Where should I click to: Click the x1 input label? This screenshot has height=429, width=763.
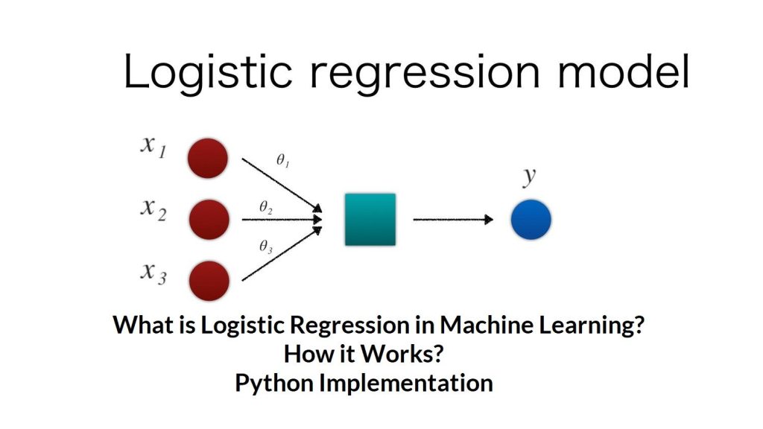coord(153,146)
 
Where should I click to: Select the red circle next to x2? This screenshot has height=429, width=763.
coord(209,220)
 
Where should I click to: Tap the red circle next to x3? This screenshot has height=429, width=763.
coord(209,281)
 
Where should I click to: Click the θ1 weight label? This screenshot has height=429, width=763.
coord(283,160)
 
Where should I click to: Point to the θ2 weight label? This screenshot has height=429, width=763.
coord(265,208)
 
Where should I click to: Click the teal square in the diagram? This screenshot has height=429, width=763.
coord(370,219)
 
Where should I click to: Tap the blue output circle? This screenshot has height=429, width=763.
coord(531,220)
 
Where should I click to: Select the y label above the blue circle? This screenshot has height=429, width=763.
coord(530,177)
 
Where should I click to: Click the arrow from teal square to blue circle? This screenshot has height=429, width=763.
coord(453,220)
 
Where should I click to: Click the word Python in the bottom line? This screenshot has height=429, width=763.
coord(274,383)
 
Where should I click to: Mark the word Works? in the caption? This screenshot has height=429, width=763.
coord(412,355)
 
